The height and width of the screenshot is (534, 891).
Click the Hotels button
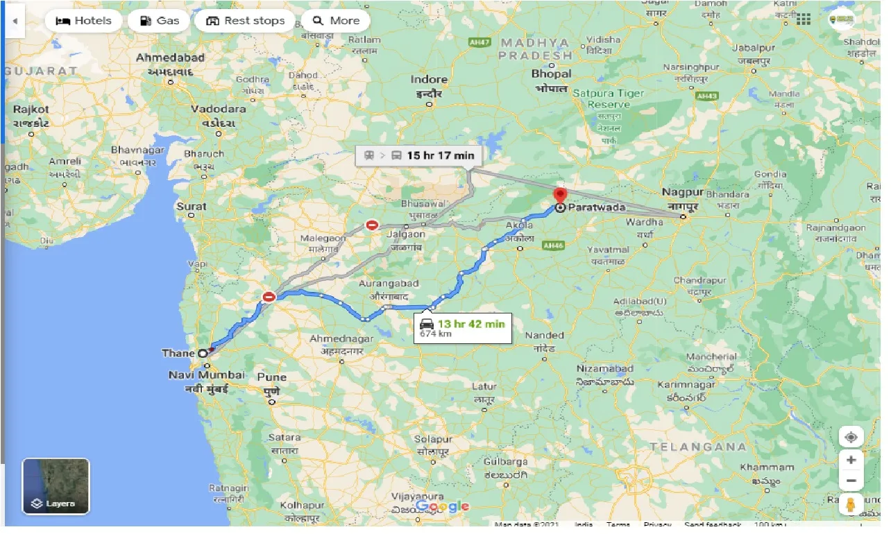(83, 21)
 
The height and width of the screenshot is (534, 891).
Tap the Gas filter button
(159, 21)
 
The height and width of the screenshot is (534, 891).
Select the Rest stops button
(246, 21)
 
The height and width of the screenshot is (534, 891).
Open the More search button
(336, 21)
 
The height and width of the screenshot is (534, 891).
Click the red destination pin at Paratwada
(560, 196)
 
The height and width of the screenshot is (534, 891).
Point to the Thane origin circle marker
(203, 353)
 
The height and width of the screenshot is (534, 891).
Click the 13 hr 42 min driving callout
(463, 327)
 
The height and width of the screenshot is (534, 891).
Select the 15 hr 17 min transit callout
(416, 155)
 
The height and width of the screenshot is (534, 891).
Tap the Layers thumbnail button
(56, 485)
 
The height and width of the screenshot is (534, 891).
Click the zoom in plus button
(851, 460)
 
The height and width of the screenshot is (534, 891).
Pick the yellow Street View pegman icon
(851, 505)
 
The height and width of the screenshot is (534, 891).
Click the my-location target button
(851, 437)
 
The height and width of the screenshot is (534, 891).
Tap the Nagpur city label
(683, 191)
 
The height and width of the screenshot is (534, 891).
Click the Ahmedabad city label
(170, 58)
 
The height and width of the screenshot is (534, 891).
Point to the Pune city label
(271, 378)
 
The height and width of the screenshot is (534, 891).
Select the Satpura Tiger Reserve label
(608, 98)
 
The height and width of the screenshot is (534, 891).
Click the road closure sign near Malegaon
(373, 225)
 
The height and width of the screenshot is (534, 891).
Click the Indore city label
(429, 80)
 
